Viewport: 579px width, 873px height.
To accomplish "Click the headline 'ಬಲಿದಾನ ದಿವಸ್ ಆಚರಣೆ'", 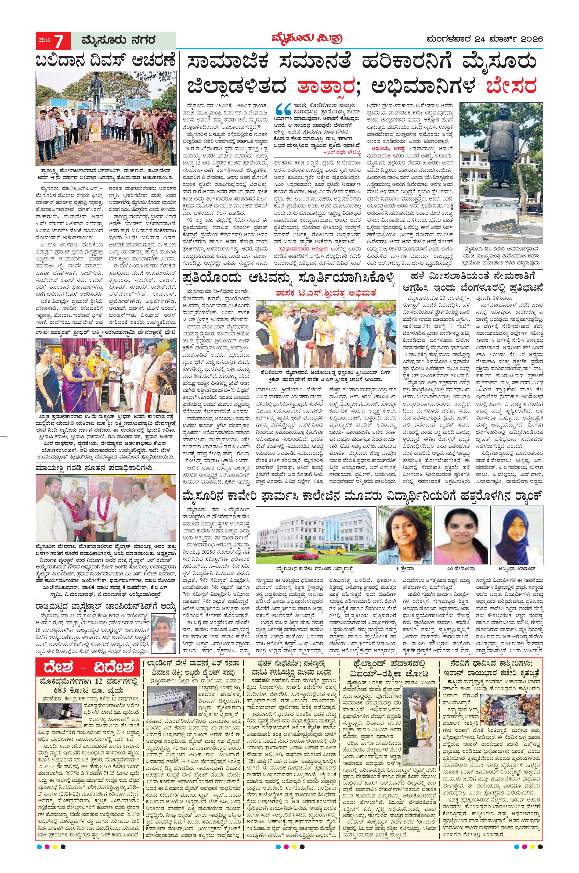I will [106, 61].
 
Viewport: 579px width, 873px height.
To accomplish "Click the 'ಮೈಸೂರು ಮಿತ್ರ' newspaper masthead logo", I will [305, 39].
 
